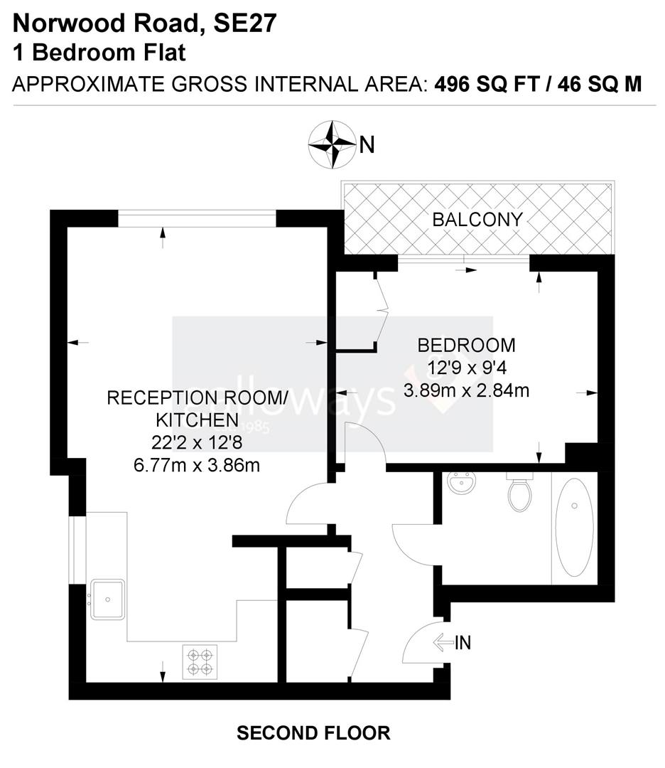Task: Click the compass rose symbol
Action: (332, 144)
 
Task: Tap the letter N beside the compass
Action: (367, 145)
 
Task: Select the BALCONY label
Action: (477, 219)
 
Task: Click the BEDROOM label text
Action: (466, 346)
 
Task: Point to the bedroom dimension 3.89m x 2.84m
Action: (466, 390)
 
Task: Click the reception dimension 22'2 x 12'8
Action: (197, 442)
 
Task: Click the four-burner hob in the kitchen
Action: (200, 661)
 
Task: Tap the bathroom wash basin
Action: (463, 486)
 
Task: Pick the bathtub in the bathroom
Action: (574, 527)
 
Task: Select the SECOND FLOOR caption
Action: (313, 732)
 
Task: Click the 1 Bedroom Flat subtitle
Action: (99, 53)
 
